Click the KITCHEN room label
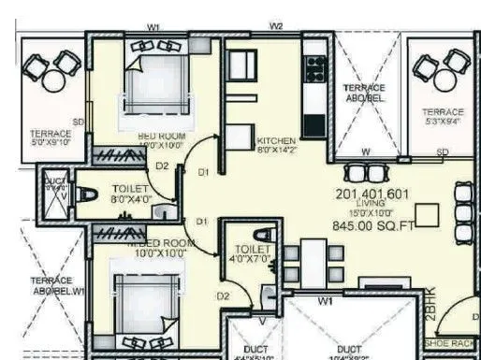(275, 141)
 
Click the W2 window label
(276, 25)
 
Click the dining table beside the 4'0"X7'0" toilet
(313, 261)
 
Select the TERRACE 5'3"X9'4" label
(443, 116)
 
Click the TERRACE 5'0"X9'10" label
(51, 137)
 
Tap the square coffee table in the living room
(428, 214)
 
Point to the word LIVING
(373, 205)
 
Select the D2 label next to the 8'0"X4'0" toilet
(163, 166)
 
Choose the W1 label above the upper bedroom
(153, 25)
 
